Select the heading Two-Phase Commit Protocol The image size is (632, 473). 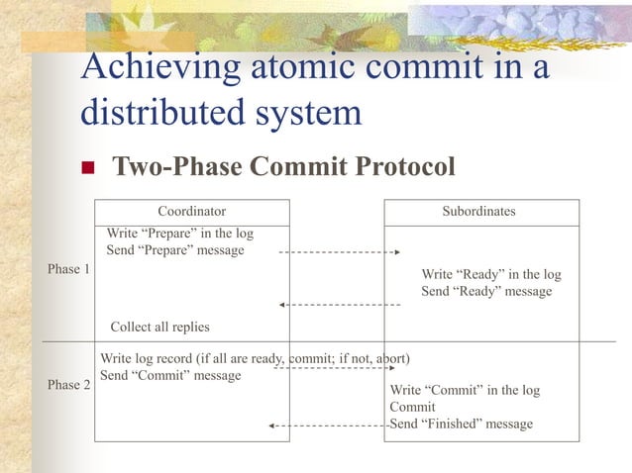click(x=284, y=167)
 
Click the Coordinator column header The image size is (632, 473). click(x=192, y=211)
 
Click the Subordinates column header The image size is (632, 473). click(x=479, y=211)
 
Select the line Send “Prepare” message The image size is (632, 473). click(x=175, y=250)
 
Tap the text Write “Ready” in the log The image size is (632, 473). click(x=491, y=274)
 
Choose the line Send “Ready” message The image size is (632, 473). click(x=486, y=292)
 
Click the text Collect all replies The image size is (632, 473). click(x=159, y=327)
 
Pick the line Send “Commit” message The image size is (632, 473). click(x=170, y=376)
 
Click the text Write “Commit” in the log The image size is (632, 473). click(x=465, y=390)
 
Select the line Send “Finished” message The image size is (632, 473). click(x=462, y=424)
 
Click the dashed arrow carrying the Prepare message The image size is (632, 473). click(x=340, y=252)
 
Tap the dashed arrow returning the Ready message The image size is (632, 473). click(x=340, y=305)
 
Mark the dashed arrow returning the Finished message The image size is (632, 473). click(x=328, y=426)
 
